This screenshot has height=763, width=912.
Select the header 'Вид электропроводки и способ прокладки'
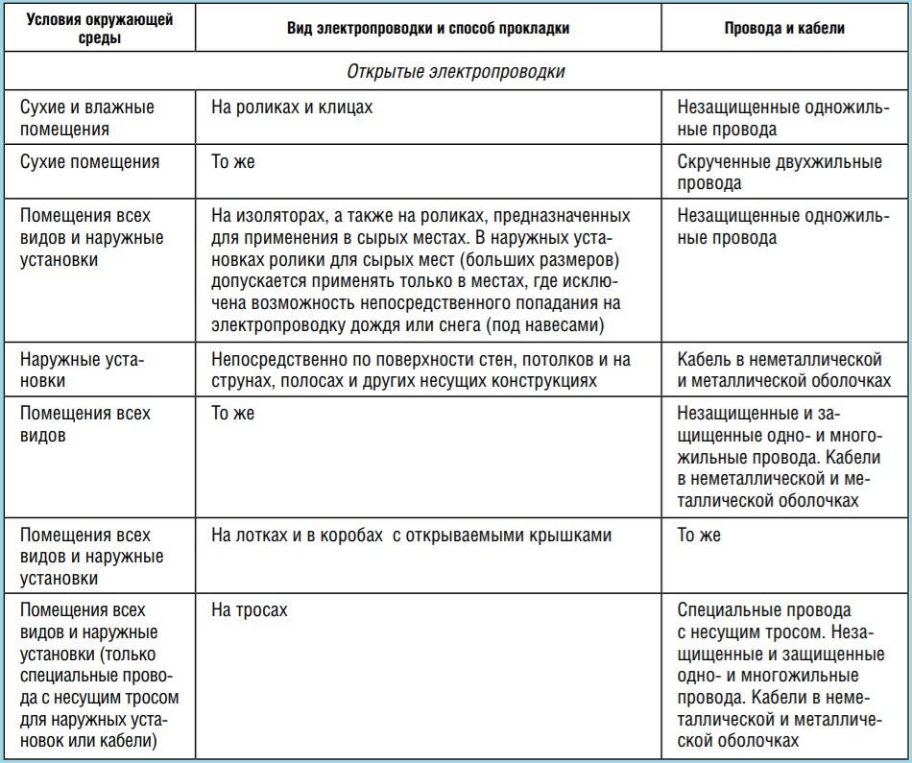(x=428, y=29)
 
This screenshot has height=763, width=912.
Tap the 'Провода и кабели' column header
(x=784, y=29)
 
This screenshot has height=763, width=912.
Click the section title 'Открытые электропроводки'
(x=455, y=72)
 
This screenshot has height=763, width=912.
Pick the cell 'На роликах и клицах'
(x=292, y=107)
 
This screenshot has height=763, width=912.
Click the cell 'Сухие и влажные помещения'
(x=86, y=118)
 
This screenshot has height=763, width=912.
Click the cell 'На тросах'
(x=249, y=609)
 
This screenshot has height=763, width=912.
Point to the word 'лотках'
(x=260, y=535)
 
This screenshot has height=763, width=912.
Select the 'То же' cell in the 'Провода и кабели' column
(x=699, y=535)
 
